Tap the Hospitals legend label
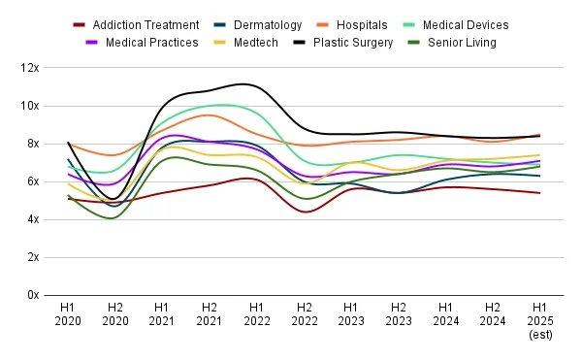[x=361, y=25]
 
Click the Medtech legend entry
[x=258, y=43]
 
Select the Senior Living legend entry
[x=457, y=43]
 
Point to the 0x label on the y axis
[x=33, y=295]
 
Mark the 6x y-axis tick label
[x=33, y=181]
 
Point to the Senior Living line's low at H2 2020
[x=113, y=218]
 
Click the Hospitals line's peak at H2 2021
[x=207, y=115]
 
